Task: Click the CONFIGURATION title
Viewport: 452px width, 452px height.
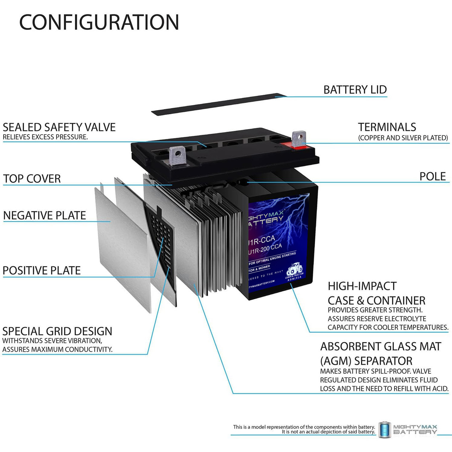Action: click(99, 22)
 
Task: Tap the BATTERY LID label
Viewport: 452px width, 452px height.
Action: click(355, 90)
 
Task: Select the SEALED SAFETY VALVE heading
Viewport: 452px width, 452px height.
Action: click(59, 127)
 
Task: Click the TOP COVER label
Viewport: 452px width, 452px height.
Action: click(32, 179)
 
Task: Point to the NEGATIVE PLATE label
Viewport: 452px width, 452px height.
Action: click(45, 215)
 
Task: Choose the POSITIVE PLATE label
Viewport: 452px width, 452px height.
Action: click(42, 271)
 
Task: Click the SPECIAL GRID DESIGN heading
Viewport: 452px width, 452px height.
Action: click(57, 331)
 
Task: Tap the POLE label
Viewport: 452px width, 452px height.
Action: click(432, 177)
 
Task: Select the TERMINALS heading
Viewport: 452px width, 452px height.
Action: click(387, 127)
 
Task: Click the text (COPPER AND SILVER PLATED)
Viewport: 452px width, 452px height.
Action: click(403, 138)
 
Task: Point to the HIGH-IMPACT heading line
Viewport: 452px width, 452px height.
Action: click(362, 286)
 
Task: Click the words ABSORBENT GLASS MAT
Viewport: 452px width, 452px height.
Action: click(381, 347)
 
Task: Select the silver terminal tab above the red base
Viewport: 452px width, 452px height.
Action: click(299, 137)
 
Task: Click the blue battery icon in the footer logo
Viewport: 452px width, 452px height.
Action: click(385, 430)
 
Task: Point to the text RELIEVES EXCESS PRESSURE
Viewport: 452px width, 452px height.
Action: click(45, 137)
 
